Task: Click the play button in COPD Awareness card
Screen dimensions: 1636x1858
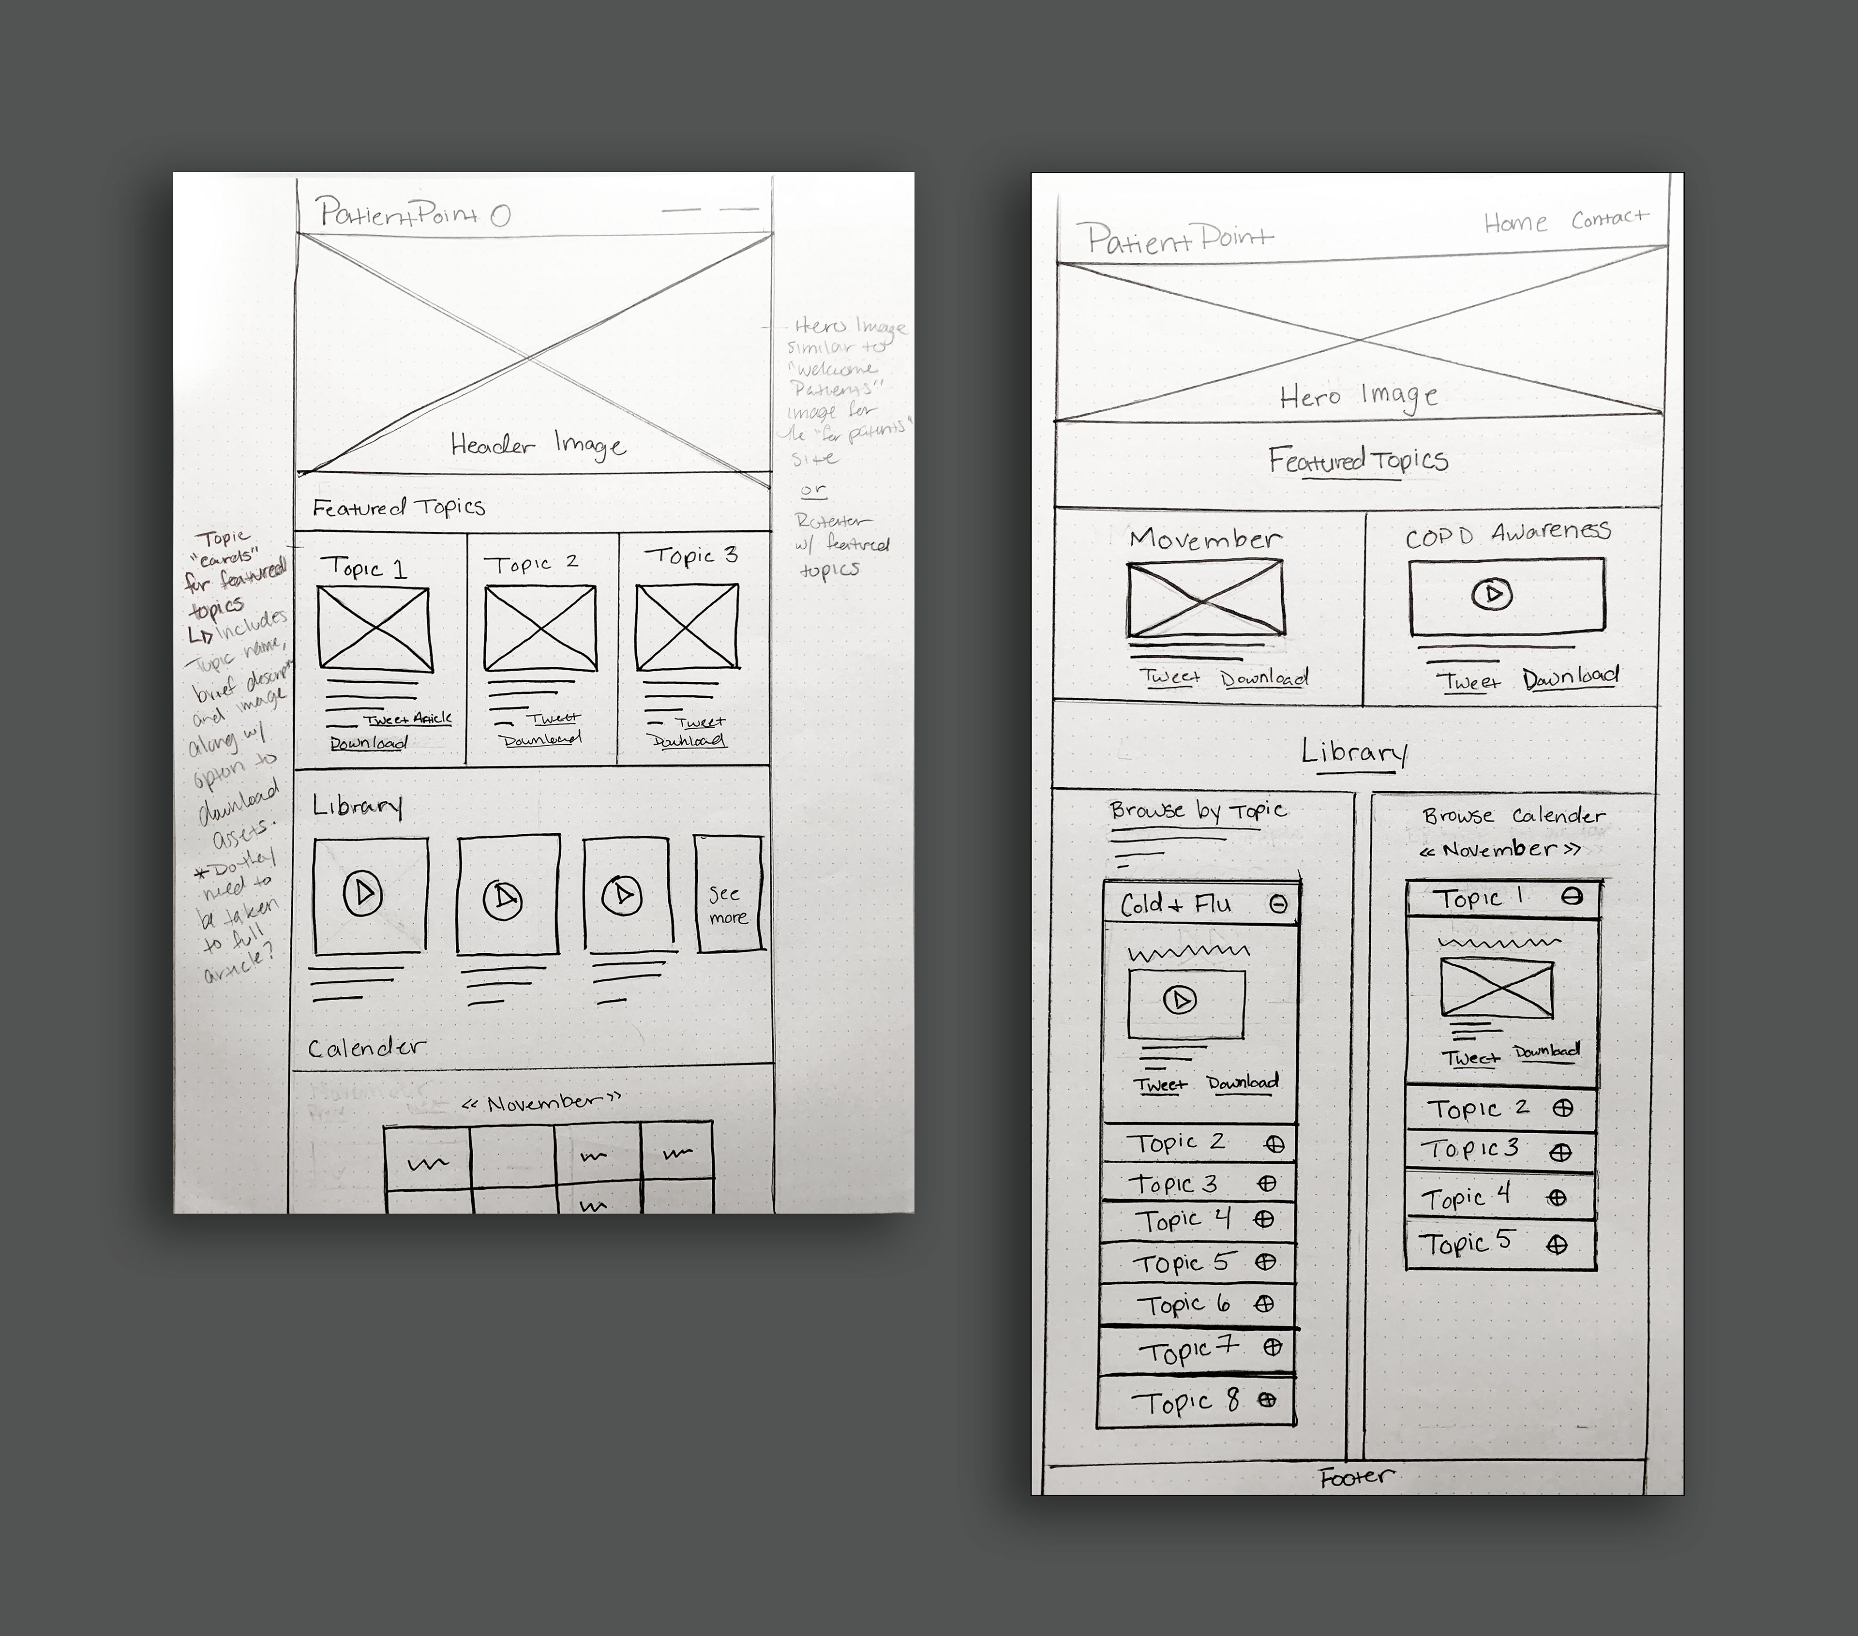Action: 1492,594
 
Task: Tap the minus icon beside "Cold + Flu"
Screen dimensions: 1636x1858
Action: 1277,904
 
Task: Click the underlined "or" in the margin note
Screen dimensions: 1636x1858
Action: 813,490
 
